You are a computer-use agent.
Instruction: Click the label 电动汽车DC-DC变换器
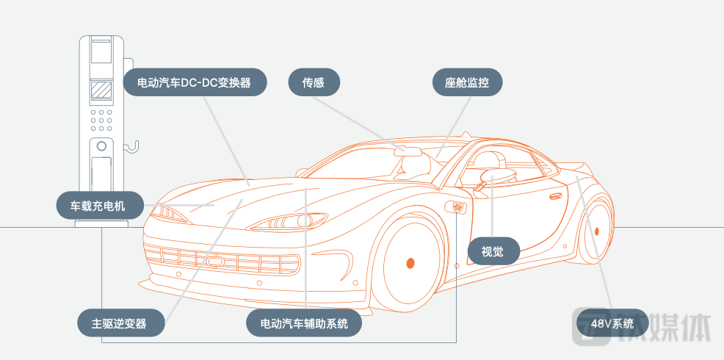pos(195,83)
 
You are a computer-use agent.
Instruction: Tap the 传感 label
pos(313,83)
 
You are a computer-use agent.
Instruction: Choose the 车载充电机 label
pos(98,206)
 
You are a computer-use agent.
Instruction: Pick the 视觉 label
pos(492,251)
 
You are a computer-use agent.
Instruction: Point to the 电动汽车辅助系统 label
pos(304,323)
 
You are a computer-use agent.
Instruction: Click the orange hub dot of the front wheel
pos(410,262)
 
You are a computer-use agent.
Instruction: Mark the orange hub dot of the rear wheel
pos(597,231)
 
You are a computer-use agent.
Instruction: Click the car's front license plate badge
pos(214,261)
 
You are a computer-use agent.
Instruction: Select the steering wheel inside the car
pos(496,175)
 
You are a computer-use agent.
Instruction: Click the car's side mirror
pos(478,190)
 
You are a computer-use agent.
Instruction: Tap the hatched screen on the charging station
pos(101,92)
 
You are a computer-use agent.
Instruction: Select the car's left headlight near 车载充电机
pos(168,214)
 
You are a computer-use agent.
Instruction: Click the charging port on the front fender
pos(460,208)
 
